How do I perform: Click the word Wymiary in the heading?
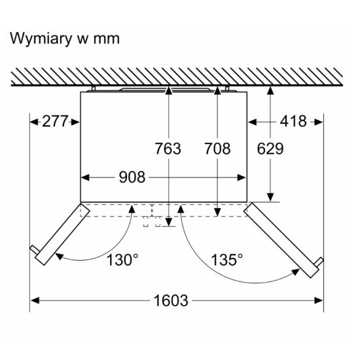pos(41,39)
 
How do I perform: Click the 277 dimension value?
pos(55,121)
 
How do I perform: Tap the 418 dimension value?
pos(293,121)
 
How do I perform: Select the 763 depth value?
pos(168,149)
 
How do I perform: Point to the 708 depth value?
pos(217,149)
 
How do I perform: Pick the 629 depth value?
pos(270,149)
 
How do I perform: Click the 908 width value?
pos(132,177)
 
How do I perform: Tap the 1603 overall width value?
pos(171,300)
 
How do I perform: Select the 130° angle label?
pos(122,260)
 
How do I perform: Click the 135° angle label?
pos(226,260)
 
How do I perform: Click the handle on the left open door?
pos(35,250)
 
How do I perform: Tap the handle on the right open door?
pos(319,262)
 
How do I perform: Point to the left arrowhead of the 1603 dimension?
pos(35,300)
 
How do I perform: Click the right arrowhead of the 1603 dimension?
pos(319,300)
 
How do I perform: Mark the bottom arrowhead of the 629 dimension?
pos(270,198)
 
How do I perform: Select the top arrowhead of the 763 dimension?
pos(169,90)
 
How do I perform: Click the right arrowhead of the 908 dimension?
pos(242,177)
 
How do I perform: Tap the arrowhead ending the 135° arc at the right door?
pos(295,272)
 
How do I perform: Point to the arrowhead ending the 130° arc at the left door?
pos(59,256)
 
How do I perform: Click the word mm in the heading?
pos(106,39)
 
